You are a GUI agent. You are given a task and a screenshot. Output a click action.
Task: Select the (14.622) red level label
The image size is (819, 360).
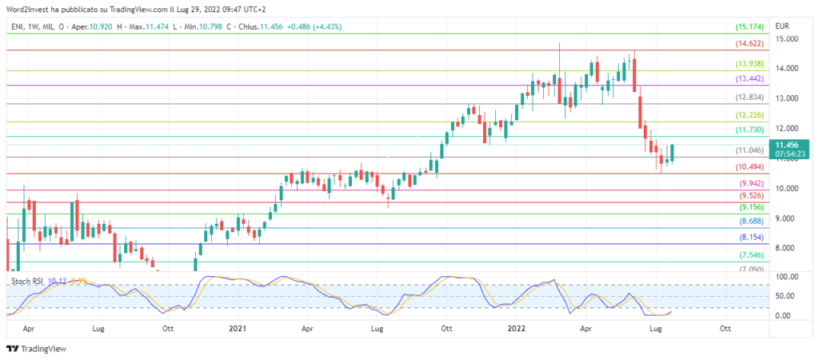(x=749, y=44)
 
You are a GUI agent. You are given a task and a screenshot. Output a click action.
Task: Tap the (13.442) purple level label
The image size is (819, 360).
(x=749, y=79)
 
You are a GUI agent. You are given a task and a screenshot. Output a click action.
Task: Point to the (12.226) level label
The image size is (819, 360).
(x=749, y=115)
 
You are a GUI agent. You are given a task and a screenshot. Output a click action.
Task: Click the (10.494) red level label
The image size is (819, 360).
(x=749, y=167)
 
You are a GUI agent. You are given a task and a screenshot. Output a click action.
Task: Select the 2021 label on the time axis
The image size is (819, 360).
(x=238, y=328)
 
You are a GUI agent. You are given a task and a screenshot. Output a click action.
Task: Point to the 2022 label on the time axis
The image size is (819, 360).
(x=517, y=328)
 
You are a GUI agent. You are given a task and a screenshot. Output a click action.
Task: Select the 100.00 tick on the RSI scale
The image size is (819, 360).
(x=788, y=277)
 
